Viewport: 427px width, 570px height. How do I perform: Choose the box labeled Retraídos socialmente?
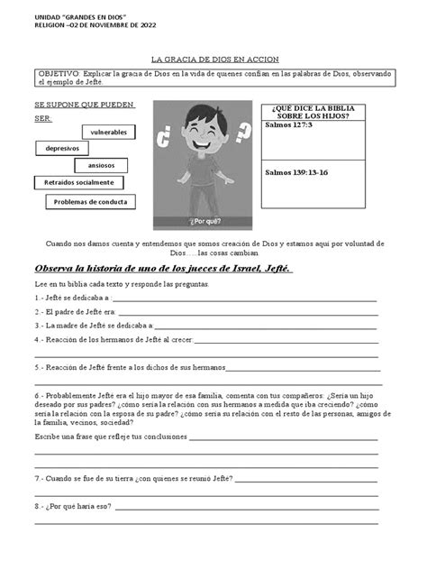pyautogui.click(x=78, y=183)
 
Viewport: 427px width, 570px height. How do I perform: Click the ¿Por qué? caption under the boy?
pyautogui.click(x=199, y=220)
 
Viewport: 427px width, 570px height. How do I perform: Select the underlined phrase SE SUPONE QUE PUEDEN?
pyautogui.click(x=84, y=105)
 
